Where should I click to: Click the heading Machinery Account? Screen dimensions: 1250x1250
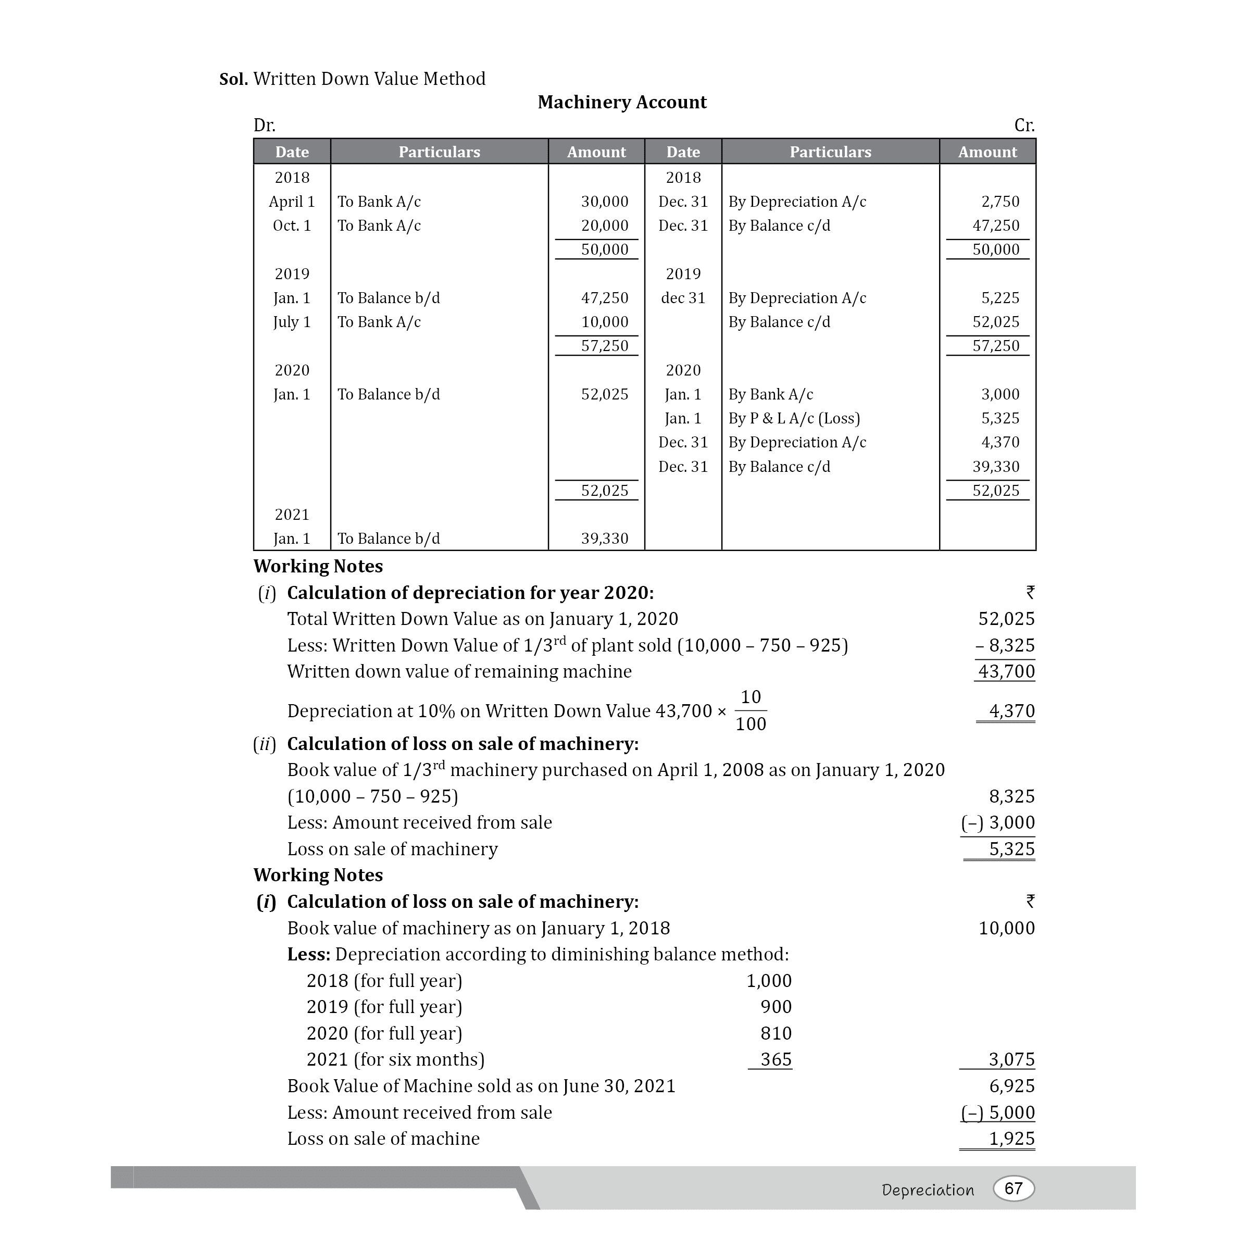(x=622, y=102)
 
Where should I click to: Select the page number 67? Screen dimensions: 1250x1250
(x=1013, y=1188)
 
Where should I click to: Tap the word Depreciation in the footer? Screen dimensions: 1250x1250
(x=927, y=1190)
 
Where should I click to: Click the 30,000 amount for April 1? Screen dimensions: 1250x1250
(x=604, y=202)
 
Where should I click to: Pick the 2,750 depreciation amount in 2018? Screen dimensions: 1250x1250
(x=999, y=202)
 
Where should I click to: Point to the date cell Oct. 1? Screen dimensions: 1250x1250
(x=292, y=226)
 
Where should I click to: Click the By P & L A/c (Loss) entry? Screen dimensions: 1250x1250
(x=794, y=419)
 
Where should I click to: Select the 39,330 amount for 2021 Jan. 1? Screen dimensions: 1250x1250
(x=604, y=539)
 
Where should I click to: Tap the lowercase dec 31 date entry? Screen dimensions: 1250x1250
(x=683, y=298)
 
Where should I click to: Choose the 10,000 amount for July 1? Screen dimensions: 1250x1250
(x=604, y=322)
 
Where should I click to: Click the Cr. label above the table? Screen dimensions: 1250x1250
(x=1024, y=126)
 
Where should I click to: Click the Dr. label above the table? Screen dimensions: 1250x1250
(x=264, y=126)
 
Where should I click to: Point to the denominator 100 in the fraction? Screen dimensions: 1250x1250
(x=751, y=724)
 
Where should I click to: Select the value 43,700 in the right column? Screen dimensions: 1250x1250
(x=1006, y=671)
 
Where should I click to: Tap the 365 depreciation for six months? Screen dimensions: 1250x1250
(x=776, y=1059)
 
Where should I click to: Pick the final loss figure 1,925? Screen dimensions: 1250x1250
(x=1011, y=1138)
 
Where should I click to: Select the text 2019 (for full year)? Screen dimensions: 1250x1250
(x=384, y=1007)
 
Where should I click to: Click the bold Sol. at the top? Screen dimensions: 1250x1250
(x=233, y=80)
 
